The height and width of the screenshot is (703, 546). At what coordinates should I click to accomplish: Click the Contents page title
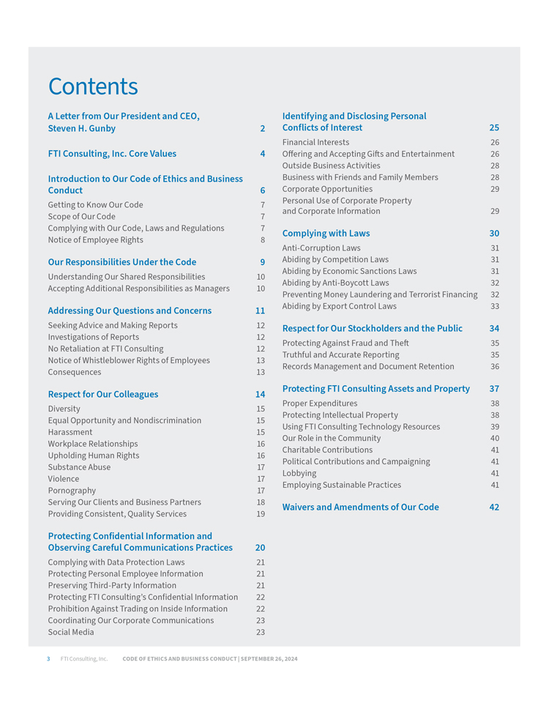(x=93, y=86)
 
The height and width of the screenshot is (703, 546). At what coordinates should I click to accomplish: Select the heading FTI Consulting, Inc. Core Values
(x=112, y=154)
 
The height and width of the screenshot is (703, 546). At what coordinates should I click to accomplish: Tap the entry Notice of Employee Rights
(x=95, y=240)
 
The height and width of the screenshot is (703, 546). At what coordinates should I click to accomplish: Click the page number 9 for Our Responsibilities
(x=262, y=262)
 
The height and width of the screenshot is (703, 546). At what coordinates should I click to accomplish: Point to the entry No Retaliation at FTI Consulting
(x=105, y=349)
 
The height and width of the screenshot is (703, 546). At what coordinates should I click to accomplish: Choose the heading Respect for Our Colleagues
(x=102, y=394)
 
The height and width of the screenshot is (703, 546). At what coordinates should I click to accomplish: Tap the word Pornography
(x=72, y=491)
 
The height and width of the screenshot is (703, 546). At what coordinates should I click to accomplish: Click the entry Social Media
(x=71, y=632)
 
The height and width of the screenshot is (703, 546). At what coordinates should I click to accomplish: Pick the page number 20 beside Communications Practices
(x=261, y=548)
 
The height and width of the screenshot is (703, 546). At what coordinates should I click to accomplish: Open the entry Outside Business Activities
(x=332, y=165)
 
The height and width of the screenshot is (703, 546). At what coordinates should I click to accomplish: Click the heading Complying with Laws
(x=326, y=234)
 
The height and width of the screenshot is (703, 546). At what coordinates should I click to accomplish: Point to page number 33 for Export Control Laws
(x=495, y=306)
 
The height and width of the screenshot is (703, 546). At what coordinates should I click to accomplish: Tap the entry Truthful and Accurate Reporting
(x=341, y=354)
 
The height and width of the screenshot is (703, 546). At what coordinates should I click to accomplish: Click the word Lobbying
(x=299, y=473)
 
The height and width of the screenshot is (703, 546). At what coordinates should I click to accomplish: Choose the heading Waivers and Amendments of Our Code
(x=360, y=507)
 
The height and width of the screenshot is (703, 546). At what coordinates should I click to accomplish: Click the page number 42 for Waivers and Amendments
(x=494, y=507)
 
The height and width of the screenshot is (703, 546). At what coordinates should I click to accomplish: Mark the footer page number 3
(x=48, y=659)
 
